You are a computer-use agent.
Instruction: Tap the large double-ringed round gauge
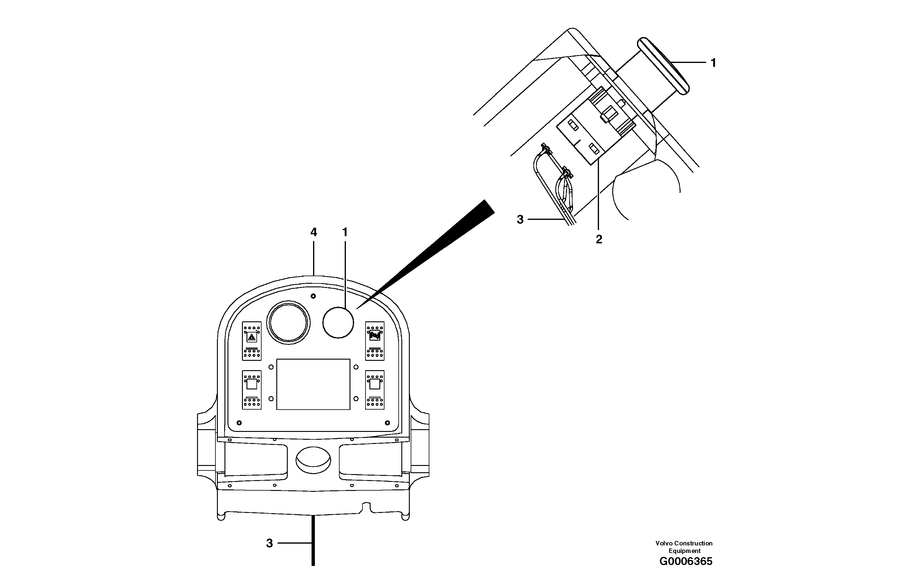point(288,323)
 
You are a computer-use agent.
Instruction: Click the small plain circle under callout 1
point(338,323)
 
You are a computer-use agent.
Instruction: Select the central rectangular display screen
point(313,384)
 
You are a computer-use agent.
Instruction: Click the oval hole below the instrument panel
point(313,460)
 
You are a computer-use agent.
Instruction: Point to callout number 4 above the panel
point(314,233)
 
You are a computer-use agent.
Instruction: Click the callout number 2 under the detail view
point(599,239)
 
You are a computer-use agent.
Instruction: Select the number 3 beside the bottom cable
point(269,543)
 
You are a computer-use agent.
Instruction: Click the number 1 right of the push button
point(713,63)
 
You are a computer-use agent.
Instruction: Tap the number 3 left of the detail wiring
point(520,220)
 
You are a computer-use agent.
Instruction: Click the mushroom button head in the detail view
point(664,66)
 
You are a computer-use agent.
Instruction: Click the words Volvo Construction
point(684,543)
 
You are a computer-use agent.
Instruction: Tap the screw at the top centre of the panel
point(313,296)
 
